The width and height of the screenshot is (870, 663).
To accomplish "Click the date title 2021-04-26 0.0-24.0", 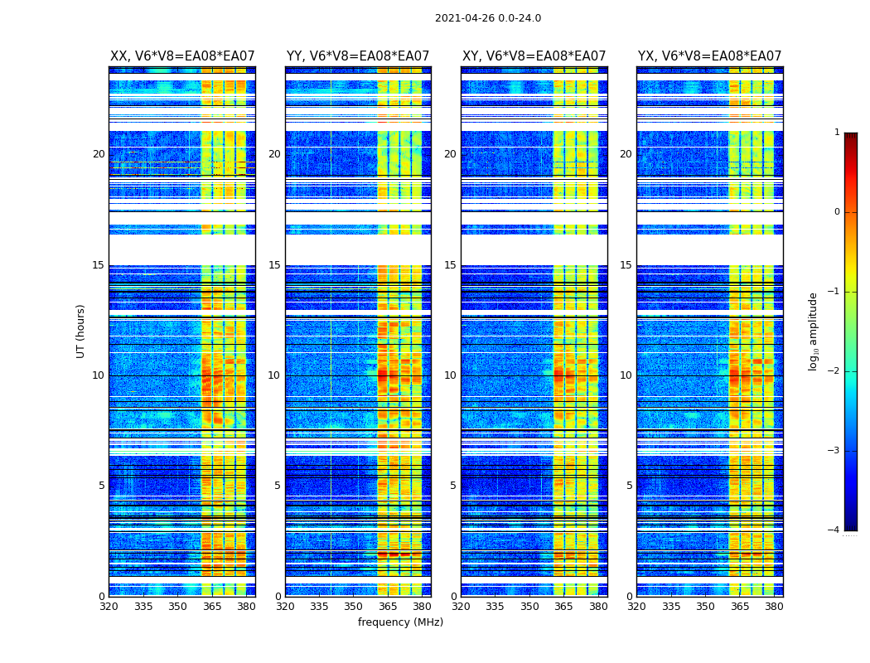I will [x=488, y=18].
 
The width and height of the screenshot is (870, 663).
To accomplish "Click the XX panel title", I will [x=182, y=56].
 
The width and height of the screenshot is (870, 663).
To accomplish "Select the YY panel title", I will [x=358, y=56].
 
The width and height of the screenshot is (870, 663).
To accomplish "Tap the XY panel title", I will [x=534, y=56].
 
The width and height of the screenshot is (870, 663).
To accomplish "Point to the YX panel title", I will [x=709, y=56].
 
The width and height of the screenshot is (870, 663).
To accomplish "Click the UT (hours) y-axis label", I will [x=80, y=331].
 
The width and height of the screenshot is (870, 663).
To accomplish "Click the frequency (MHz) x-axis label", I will [x=400, y=622].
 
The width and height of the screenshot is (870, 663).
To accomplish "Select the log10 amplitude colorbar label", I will [x=813, y=331].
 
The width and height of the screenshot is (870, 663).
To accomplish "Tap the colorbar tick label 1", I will [x=837, y=133].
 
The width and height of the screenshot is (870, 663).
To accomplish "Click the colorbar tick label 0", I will [x=837, y=212].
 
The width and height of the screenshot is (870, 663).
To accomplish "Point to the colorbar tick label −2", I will [x=834, y=371].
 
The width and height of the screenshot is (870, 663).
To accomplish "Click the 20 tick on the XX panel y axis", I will [x=99, y=154].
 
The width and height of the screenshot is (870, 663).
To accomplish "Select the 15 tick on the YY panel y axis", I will [x=274, y=265].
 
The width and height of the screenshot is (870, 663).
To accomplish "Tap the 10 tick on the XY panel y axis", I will [x=450, y=375].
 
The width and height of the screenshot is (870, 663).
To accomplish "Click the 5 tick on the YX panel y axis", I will [x=629, y=486].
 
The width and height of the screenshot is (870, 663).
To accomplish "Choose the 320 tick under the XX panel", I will [x=109, y=607].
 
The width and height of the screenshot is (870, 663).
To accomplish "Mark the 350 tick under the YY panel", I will [x=354, y=607].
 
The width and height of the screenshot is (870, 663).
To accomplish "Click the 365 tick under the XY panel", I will [x=563, y=607].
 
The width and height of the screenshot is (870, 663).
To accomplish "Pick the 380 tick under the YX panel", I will [x=774, y=607].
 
